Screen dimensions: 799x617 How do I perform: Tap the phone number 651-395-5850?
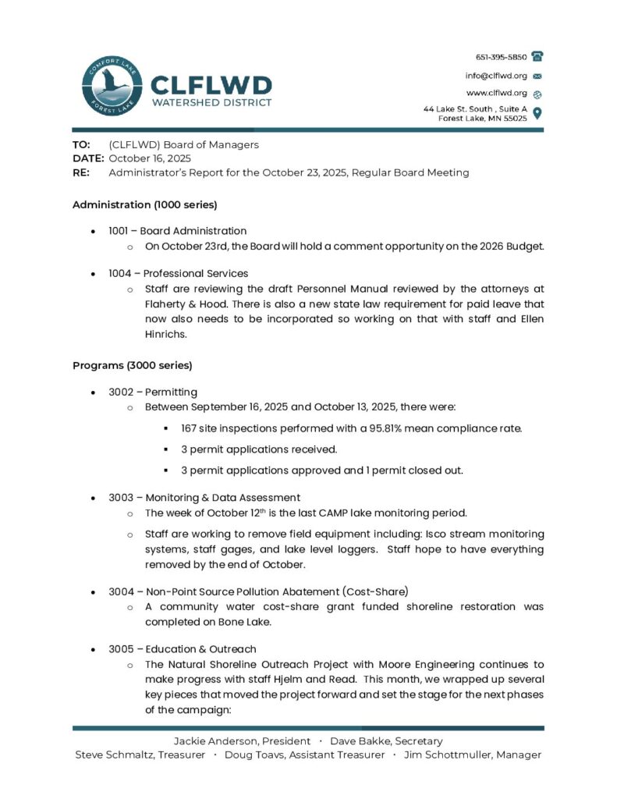501,57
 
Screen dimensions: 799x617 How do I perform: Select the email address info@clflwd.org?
496,76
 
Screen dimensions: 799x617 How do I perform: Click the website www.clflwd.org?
497,93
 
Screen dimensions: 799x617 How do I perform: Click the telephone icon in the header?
537,57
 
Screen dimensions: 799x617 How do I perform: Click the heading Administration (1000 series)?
144,205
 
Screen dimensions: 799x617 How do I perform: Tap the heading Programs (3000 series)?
132,365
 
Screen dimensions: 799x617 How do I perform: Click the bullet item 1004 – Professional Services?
179,274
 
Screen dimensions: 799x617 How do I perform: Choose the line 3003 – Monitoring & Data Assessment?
204,498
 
